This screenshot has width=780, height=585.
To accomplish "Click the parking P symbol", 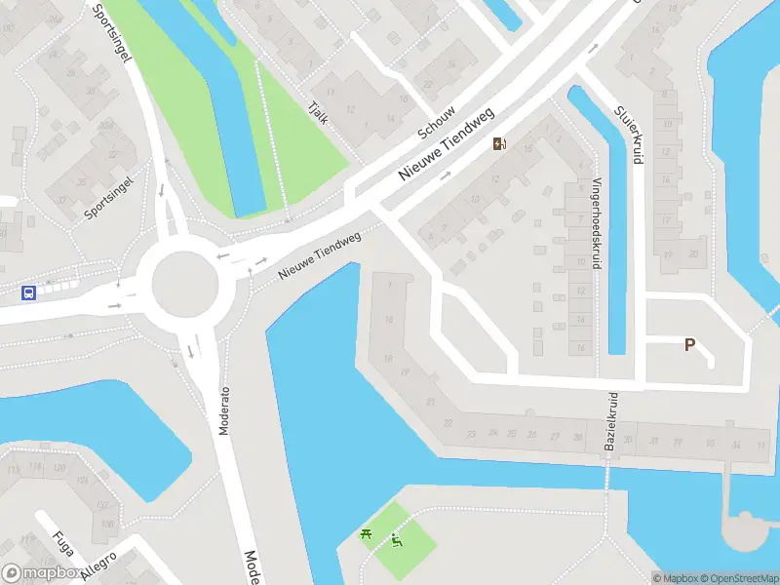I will coord(689,345).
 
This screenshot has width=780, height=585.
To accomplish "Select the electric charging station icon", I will coord(499,144).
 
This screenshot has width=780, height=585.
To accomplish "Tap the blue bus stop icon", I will coord(29,292).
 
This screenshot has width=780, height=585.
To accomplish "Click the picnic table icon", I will coord(367,533).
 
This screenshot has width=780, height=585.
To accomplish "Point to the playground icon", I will coord(397,540).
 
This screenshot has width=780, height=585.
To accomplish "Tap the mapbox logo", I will coord(43,573).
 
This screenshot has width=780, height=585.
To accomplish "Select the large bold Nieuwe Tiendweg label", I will coord(448,142).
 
